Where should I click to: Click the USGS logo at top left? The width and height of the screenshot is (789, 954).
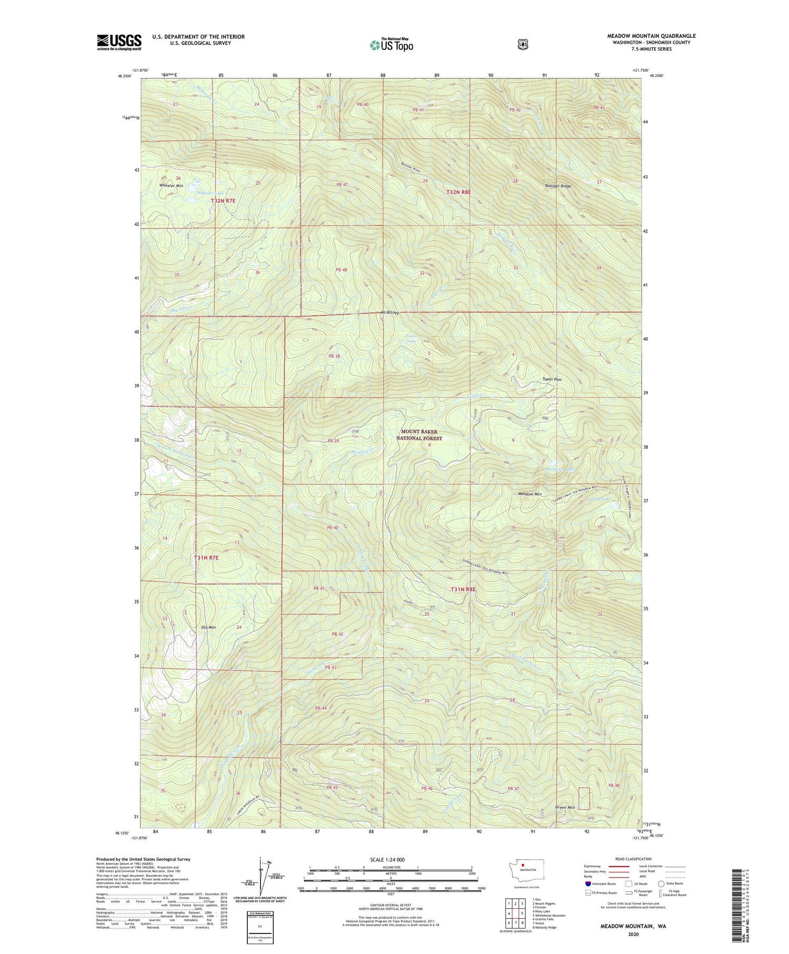119,42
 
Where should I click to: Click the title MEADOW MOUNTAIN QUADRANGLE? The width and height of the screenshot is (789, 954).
651,36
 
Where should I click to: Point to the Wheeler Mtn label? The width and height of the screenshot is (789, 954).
171,186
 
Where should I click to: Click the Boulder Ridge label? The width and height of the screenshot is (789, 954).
558,186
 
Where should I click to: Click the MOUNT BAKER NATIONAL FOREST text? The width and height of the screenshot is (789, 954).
419,435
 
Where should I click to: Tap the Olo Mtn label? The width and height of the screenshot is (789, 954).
209,627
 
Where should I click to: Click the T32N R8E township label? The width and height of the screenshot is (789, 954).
458,193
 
